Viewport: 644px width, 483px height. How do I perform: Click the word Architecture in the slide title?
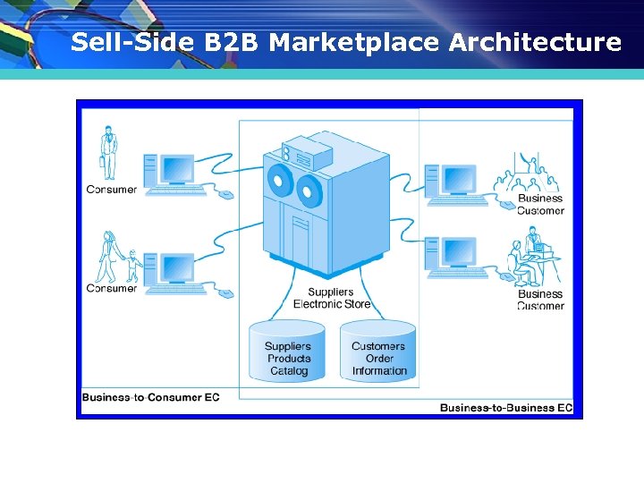pos(535,42)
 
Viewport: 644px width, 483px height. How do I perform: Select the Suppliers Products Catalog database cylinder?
pos(288,352)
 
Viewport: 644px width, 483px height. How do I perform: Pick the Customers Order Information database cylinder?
pos(378,352)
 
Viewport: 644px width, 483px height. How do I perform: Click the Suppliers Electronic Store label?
pos(331,298)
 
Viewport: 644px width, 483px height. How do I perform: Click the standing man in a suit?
pos(108,153)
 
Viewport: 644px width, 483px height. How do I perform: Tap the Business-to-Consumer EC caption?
pos(150,396)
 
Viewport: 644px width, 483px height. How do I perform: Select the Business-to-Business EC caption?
pos(505,408)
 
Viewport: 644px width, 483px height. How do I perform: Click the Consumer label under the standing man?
pos(112,190)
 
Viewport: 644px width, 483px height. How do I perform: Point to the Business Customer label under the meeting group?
pos(541,205)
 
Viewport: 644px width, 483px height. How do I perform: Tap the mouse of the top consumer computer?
pos(226,194)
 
